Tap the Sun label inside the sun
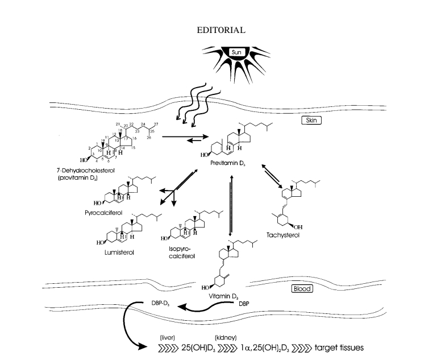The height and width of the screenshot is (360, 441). [x=237, y=52]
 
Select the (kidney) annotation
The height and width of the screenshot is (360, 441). [x=224, y=337]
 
